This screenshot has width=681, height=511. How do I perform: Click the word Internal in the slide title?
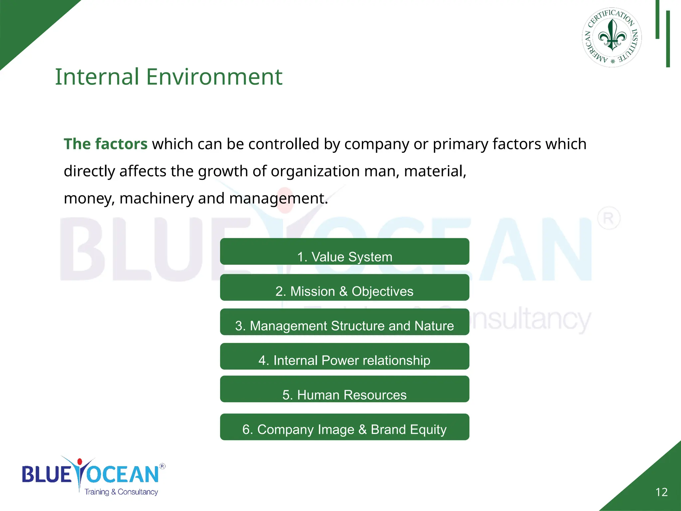point(97,77)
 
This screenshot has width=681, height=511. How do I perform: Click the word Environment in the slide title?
point(214,77)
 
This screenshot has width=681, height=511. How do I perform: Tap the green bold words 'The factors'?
point(105,144)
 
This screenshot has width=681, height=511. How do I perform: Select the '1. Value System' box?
point(344,252)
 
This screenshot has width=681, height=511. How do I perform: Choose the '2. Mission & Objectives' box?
point(344,288)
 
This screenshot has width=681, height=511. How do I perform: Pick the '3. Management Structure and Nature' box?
point(344,322)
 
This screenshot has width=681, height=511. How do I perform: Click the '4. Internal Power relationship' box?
point(344,357)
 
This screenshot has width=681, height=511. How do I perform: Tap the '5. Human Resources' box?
point(344,390)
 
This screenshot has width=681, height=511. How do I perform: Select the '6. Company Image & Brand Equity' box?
point(344,427)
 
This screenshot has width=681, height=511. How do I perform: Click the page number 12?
point(661,492)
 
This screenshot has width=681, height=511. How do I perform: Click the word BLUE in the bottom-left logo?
point(47,474)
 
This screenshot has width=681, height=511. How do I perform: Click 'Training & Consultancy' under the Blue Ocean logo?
point(121,492)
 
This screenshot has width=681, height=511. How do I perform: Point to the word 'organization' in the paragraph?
point(315,171)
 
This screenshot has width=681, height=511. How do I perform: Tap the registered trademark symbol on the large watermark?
point(609,218)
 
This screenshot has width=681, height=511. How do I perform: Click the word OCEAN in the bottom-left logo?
point(123,474)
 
